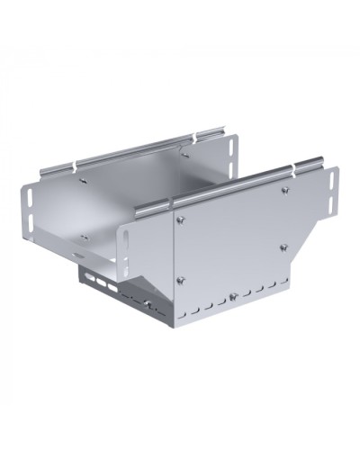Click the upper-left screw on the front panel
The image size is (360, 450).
tap(179, 220)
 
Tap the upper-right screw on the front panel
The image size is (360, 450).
tap(284, 191)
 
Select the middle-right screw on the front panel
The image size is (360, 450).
tap(283, 247)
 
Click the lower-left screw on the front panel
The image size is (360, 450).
tap(178, 279)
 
